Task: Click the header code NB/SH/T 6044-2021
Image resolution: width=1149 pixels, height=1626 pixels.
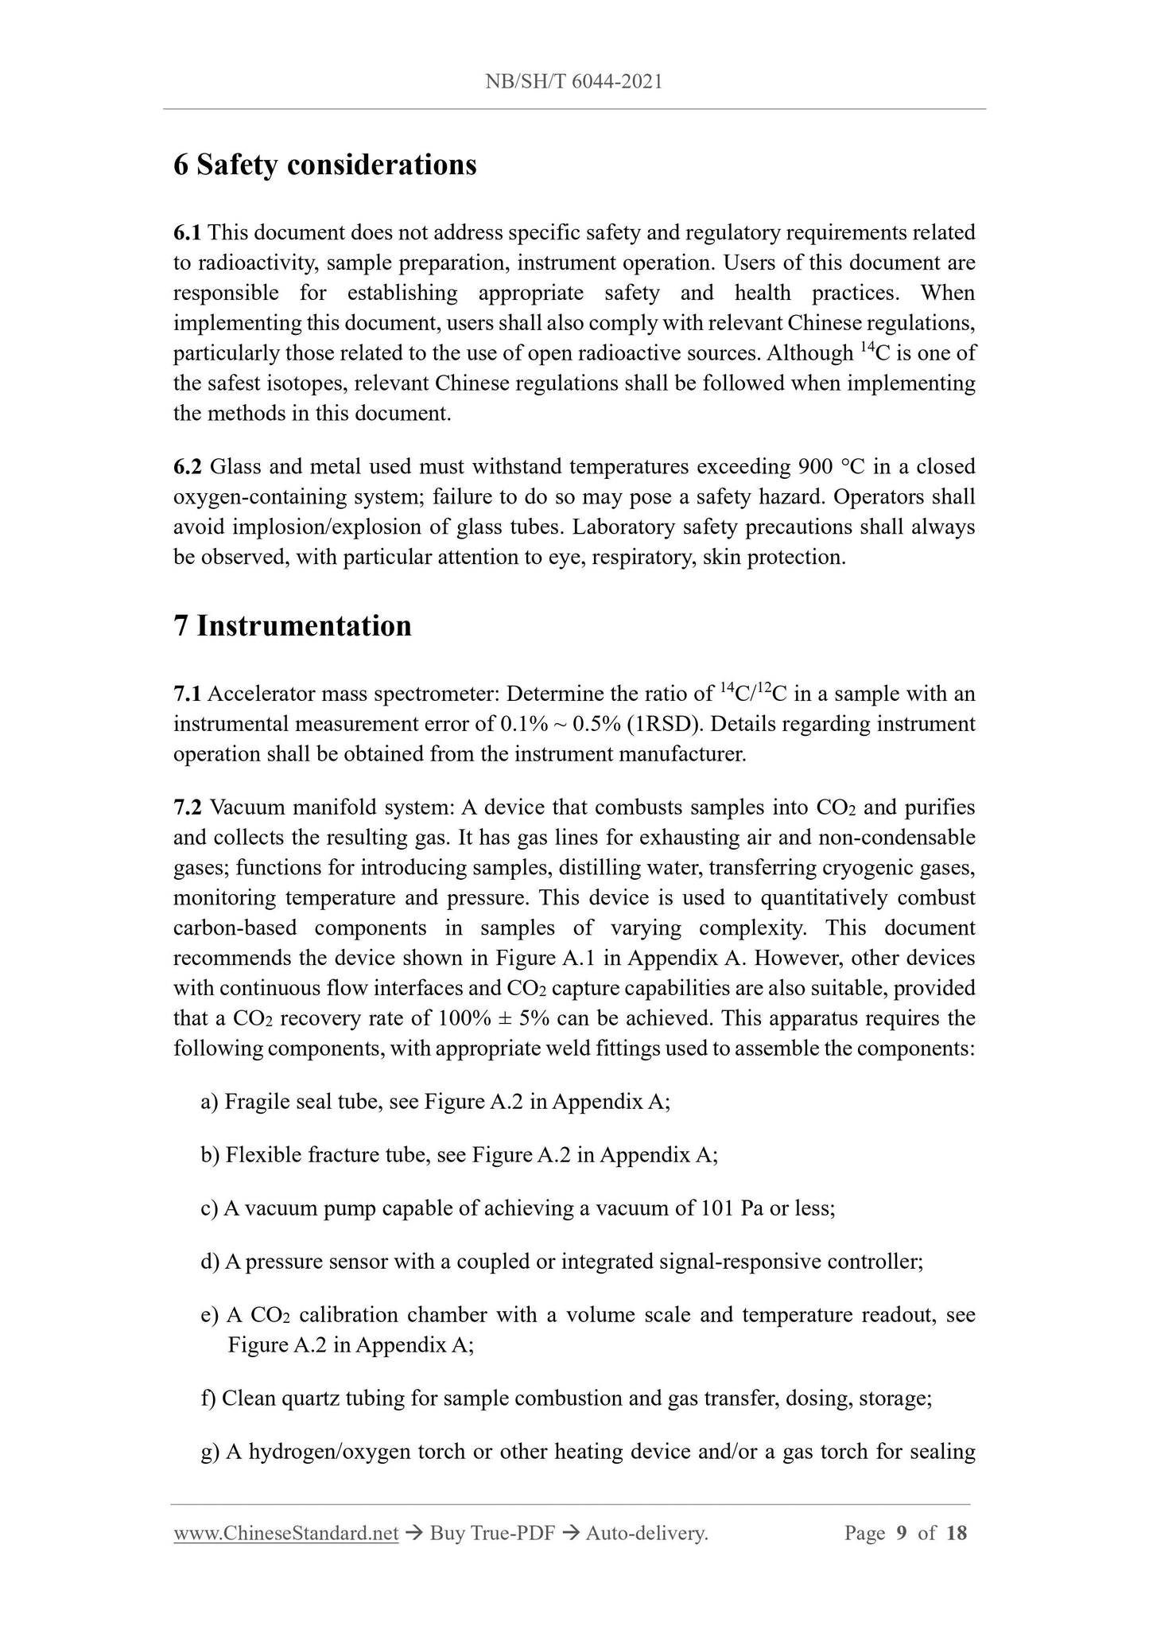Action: point(573,81)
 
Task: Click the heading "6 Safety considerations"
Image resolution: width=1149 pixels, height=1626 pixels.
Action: point(324,165)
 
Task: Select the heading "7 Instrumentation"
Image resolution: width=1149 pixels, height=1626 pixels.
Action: point(292,626)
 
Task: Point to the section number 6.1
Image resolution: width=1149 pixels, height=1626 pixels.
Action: point(188,233)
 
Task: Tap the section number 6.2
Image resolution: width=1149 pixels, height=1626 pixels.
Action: point(188,467)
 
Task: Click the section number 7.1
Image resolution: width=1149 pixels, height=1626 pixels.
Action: point(188,694)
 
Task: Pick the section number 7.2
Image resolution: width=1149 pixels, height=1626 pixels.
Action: point(188,808)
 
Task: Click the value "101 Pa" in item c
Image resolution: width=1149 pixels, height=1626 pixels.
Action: point(732,1208)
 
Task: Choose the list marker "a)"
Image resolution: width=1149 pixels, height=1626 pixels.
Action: point(210,1102)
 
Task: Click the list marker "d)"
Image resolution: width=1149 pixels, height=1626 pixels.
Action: point(210,1262)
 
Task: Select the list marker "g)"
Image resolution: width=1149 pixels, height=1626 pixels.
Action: point(210,1452)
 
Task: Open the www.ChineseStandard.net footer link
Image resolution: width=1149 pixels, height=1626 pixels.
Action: point(285,1533)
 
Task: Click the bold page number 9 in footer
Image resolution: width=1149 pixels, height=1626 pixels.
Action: point(901,1533)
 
